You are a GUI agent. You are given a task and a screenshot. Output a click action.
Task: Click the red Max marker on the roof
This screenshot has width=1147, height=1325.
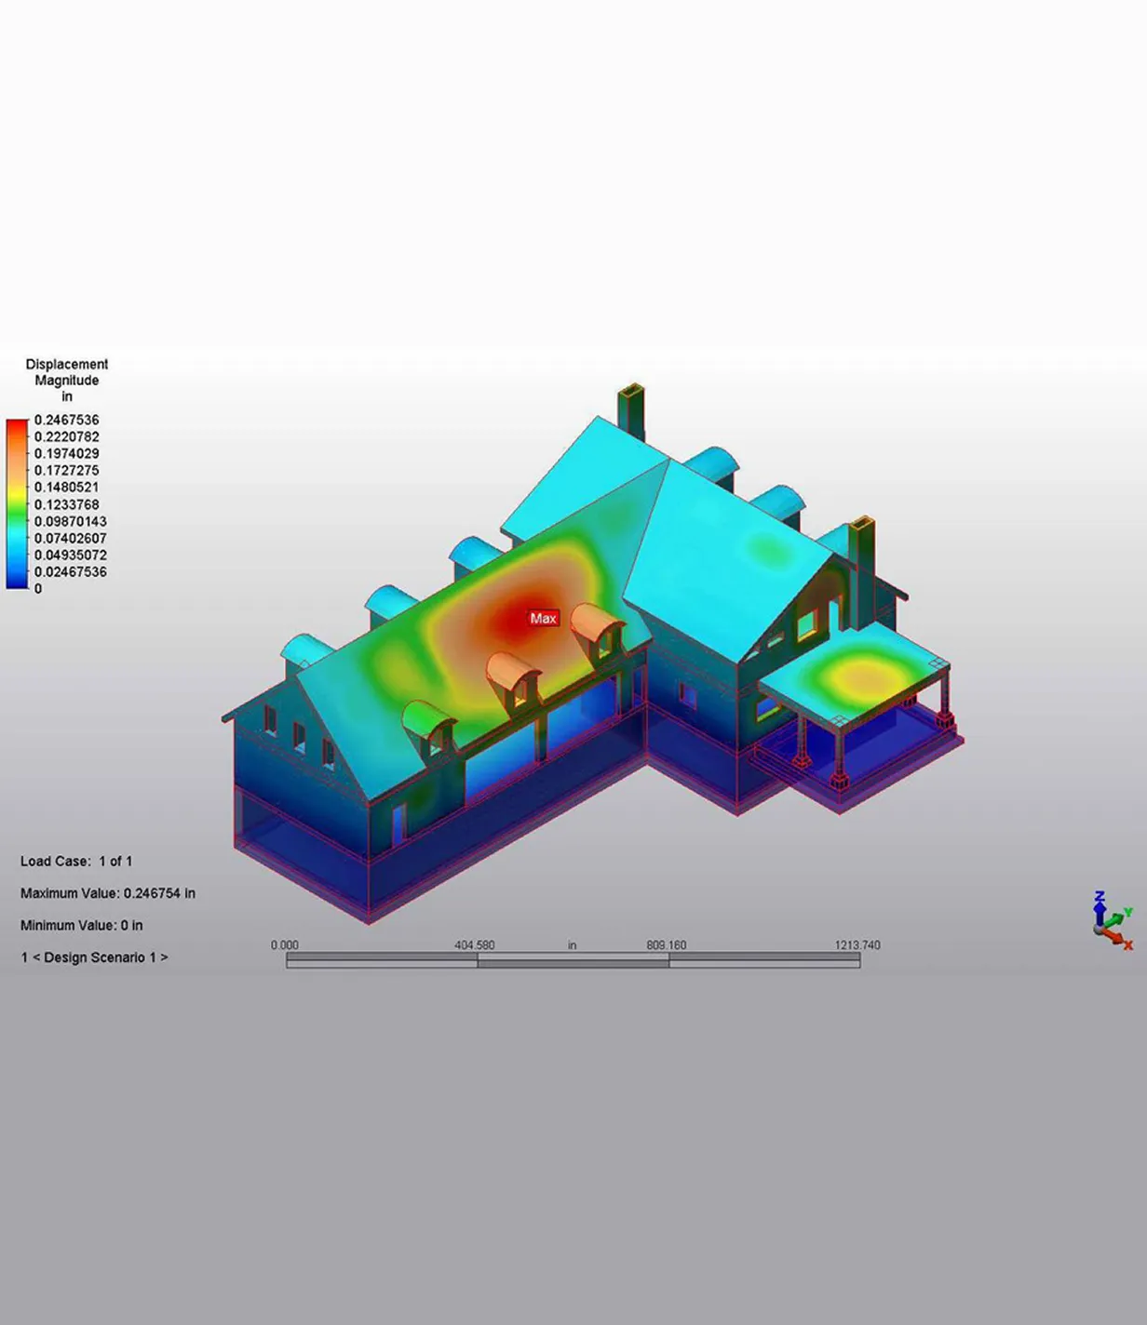coord(544,619)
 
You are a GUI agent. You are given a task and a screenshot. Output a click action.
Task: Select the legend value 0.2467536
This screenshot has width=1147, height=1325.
coord(67,420)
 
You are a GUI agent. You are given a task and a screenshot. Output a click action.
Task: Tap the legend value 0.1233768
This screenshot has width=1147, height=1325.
coord(67,504)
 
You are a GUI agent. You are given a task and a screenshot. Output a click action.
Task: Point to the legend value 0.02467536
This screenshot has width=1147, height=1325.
coord(71,572)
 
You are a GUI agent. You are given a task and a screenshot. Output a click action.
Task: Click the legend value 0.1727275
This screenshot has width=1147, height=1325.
coord(67,471)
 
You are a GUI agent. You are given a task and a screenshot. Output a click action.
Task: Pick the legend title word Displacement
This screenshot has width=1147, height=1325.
coord(67,364)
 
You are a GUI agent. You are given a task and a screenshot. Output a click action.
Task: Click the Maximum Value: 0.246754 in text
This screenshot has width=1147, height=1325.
coord(108,893)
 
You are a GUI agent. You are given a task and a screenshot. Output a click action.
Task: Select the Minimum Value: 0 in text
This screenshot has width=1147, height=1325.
coord(82,925)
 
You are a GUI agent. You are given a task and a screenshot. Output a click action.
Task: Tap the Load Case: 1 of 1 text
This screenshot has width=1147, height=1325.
coord(76,861)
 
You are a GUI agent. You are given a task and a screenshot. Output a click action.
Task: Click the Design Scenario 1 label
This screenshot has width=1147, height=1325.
coord(94,957)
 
